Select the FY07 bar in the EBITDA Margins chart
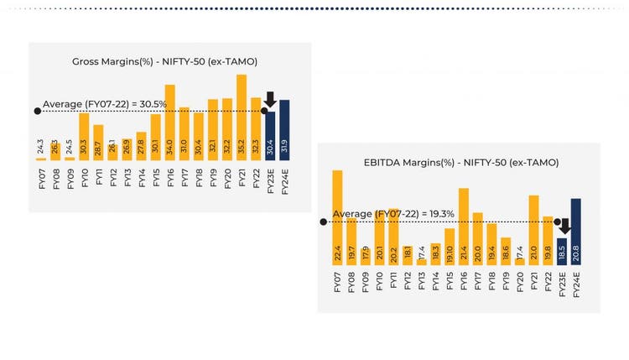click(337, 217)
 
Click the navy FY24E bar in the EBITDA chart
click(575, 231)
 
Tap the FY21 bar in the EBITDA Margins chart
click(533, 229)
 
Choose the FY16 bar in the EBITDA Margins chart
click(463, 226)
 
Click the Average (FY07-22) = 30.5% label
click(105, 105)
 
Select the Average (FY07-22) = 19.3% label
click(392, 215)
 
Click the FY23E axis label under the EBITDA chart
click(562, 283)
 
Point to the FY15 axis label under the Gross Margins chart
click(155, 178)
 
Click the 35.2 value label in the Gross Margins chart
click(242, 147)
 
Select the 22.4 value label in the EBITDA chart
click(337, 253)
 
